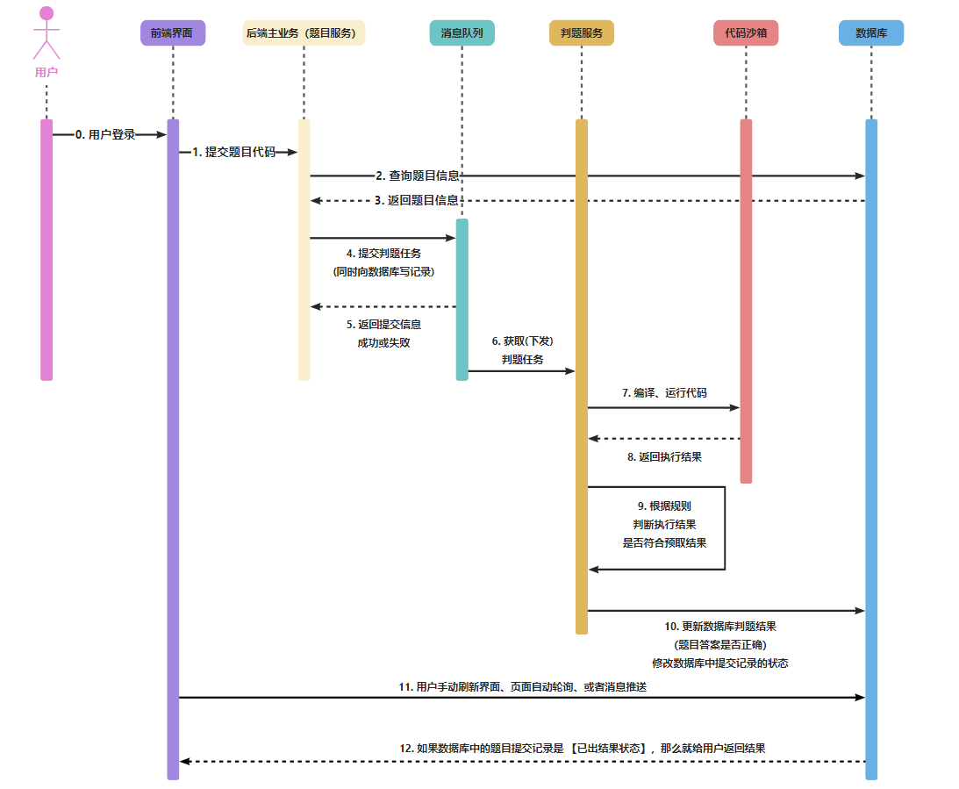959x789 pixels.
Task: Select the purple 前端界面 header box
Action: coord(172,33)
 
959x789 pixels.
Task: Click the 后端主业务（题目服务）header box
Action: coord(304,33)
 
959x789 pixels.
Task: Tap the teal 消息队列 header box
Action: coord(462,33)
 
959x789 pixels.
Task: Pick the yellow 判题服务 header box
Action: coord(581,33)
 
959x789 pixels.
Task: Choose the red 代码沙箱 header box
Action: coord(746,33)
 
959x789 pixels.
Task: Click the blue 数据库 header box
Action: coord(870,33)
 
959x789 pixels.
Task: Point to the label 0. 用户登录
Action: coord(105,135)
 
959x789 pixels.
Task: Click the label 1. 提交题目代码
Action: coord(233,152)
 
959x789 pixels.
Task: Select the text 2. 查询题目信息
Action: coord(417,176)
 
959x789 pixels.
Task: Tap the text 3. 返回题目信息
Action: coord(417,200)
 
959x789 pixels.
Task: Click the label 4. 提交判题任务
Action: coord(383,254)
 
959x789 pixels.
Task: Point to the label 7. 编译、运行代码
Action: coord(663,393)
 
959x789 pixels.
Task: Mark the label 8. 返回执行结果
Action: coord(663,457)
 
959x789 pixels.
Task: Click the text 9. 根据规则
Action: coord(663,506)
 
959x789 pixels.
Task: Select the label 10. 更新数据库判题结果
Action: coord(719,627)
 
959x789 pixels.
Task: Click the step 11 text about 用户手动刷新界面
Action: coord(522,687)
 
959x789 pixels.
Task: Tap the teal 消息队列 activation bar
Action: coord(462,298)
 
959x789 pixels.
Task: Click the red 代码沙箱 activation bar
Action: coord(746,298)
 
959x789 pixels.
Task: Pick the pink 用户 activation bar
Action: coord(47,250)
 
